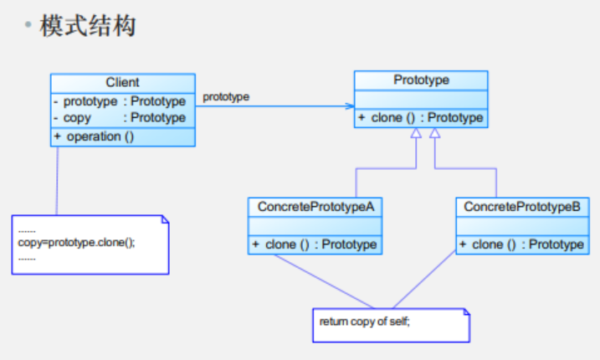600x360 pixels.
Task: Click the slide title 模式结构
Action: click(87, 26)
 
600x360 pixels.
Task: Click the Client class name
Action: click(122, 82)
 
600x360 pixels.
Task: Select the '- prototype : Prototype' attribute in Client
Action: click(119, 101)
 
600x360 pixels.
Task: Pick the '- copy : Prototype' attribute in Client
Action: click(119, 118)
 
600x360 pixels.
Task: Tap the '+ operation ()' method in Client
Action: click(94, 136)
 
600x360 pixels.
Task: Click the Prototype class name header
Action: click(421, 80)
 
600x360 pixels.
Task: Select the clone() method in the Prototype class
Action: click(420, 118)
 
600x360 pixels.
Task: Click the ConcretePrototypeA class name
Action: click(315, 206)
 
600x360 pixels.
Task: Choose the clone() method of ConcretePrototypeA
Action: click(315, 244)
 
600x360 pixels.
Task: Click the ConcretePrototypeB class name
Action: click(521, 206)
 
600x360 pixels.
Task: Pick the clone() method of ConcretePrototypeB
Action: click(521, 244)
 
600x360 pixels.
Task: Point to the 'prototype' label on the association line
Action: click(226, 97)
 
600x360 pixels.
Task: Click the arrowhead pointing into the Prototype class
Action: click(349, 106)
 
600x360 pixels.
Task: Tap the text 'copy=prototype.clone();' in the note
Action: click(76, 242)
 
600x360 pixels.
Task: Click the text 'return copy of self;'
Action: click(365, 321)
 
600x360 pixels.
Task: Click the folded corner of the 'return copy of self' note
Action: click(465, 313)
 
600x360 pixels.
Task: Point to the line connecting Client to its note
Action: click(57, 180)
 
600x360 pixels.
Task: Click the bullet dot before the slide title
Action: click(28, 26)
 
